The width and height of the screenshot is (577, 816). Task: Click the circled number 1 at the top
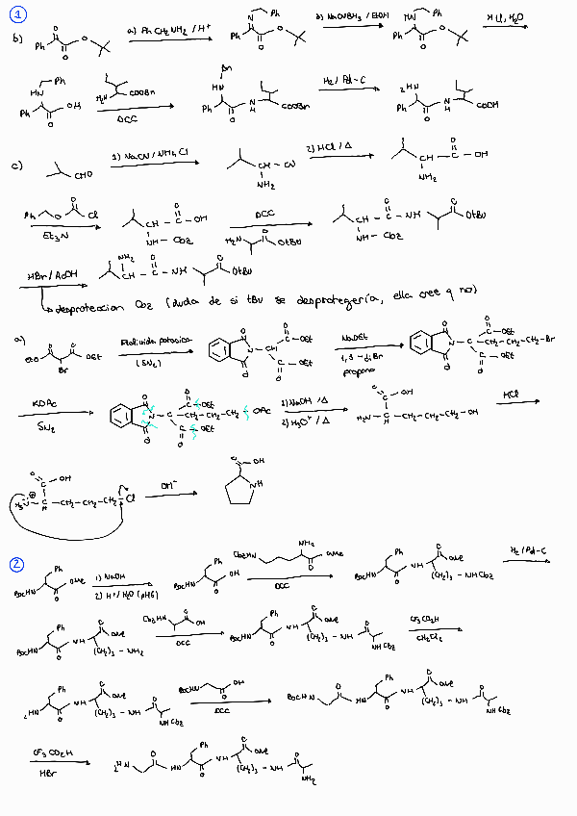[19, 13]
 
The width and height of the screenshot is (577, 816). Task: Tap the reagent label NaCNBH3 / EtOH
[346, 17]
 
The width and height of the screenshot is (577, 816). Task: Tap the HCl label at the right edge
[513, 395]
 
